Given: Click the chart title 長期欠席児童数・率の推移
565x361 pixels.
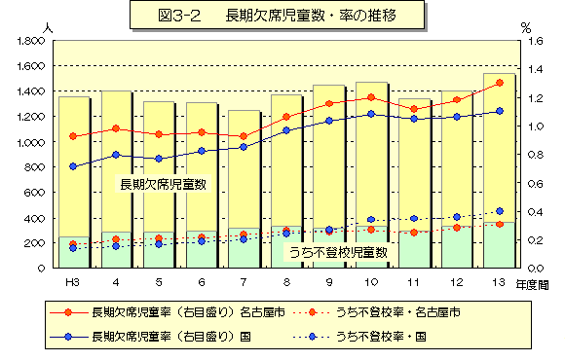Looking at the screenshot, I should pyautogui.click(x=282, y=16).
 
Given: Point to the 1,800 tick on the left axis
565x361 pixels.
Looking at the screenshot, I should pyautogui.click(x=31, y=41).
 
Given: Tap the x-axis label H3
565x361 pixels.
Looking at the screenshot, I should pyautogui.click(x=73, y=281).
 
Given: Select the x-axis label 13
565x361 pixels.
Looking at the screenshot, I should pyautogui.click(x=500, y=281).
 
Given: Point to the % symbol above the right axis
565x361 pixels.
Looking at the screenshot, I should pyautogui.click(x=525, y=29).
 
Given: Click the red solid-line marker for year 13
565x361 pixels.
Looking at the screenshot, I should pyautogui.click(x=500, y=83).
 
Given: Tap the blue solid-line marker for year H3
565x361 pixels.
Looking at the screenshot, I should pyautogui.click(x=73, y=166).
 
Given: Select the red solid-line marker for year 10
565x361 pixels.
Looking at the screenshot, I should pyautogui.click(x=371, y=97).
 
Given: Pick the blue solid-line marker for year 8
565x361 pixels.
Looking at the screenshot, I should pyautogui.click(x=286, y=130).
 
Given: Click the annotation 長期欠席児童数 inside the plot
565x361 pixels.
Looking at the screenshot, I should pyautogui.click(x=163, y=183).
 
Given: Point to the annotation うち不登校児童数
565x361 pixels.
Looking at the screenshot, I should pyautogui.click(x=338, y=251).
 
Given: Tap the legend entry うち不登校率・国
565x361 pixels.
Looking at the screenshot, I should pyautogui.click(x=380, y=337).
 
